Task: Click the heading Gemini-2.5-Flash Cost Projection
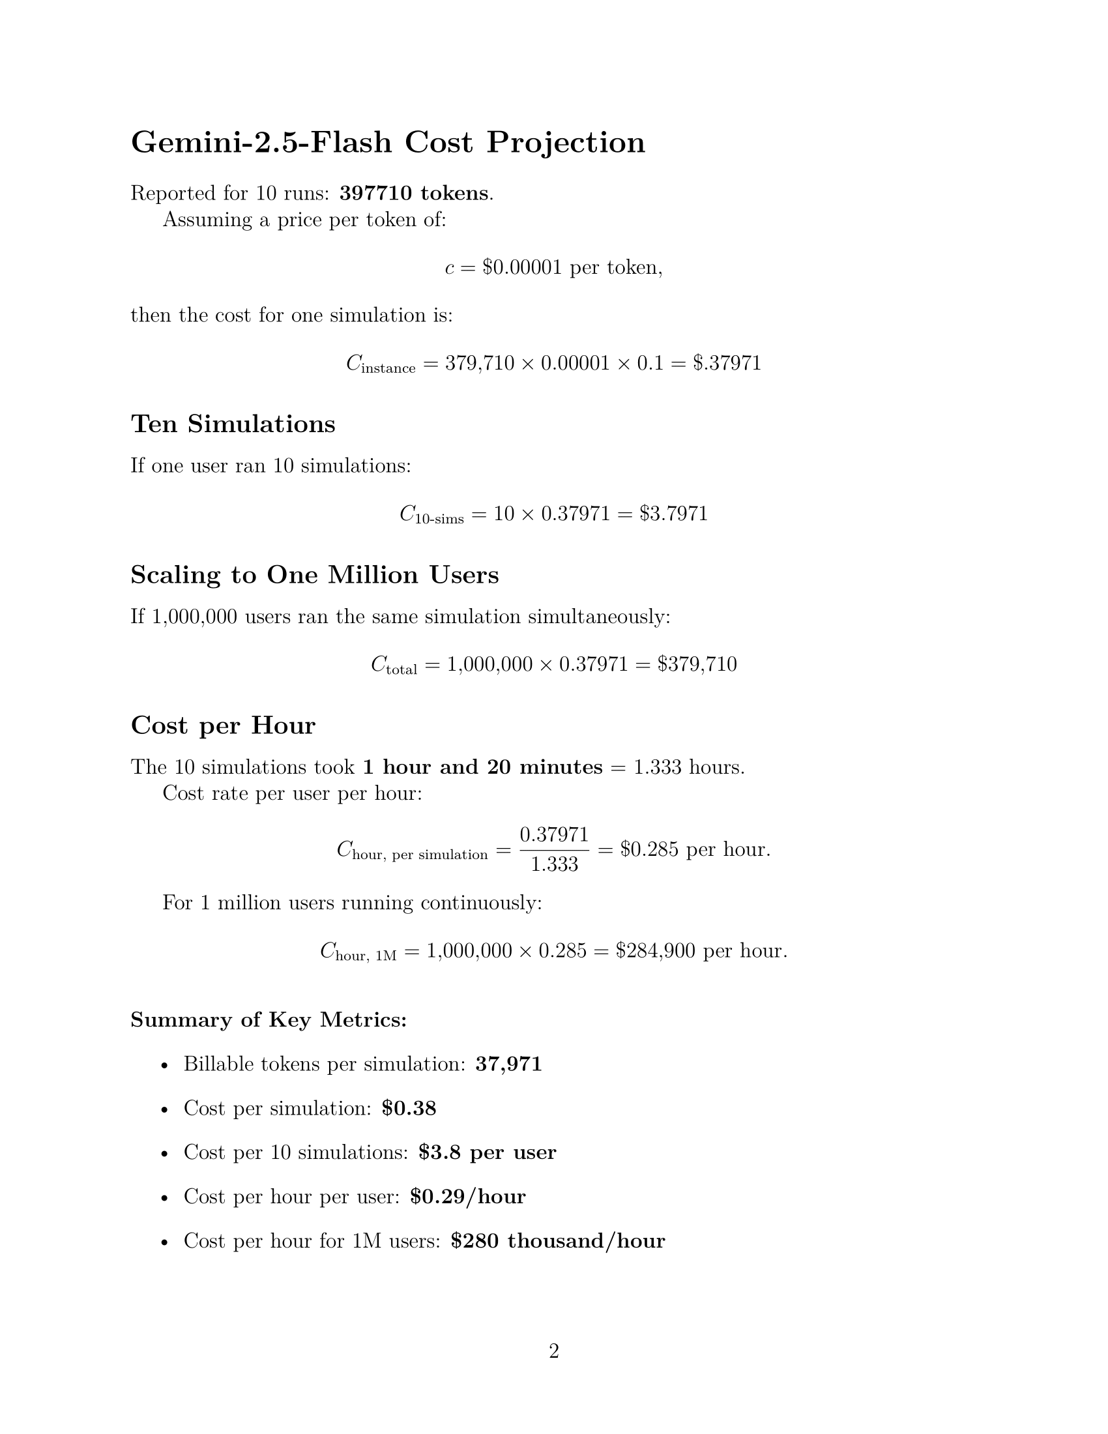(387, 143)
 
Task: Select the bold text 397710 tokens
(413, 193)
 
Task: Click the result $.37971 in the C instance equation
(727, 362)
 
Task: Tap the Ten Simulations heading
(233, 424)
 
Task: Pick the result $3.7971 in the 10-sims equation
(673, 514)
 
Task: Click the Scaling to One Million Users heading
(314, 574)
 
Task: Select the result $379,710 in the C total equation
(697, 664)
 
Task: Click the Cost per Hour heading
(223, 725)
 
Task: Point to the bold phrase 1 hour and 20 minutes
(482, 767)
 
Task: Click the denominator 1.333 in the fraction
(554, 864)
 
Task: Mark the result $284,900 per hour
(701, 951)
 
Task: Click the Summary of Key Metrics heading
(269, 1019)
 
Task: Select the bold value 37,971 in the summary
(509, 1064)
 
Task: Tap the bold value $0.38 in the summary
(409, 1108)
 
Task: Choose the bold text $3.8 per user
(487, 1152)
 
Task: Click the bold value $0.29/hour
(467, 1196)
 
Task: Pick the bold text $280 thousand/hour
(558, 1241)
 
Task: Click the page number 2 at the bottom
(554, 1351)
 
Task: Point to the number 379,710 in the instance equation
(479, 362)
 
